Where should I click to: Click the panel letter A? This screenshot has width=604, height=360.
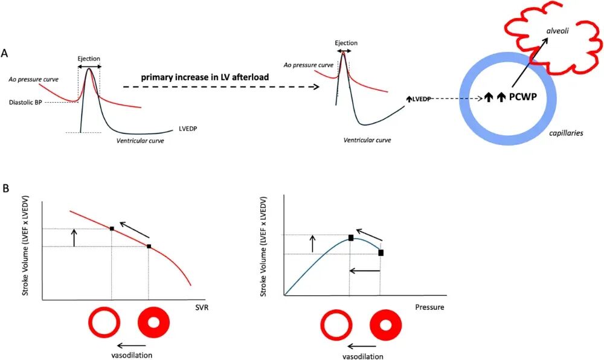click(5, 53)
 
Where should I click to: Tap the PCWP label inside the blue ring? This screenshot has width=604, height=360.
click(524, 97)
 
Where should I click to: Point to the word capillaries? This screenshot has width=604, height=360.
click(567, 132)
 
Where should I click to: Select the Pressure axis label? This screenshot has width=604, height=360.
click(429, 307)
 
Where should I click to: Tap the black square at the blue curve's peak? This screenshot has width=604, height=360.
click(350, 237)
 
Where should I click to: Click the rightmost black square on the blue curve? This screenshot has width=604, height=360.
click(381, 252)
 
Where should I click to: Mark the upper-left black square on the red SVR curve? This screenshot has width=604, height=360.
click(112, 228)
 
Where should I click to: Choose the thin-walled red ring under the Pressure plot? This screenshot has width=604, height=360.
click(336, 326)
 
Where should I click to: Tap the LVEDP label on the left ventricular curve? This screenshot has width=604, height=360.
click(189, 129)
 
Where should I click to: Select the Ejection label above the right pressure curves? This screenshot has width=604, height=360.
click(345, 43)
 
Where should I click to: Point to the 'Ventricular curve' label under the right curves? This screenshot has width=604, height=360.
click(367, 140)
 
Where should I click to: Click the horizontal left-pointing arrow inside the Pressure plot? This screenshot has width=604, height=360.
click(365, 272)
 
